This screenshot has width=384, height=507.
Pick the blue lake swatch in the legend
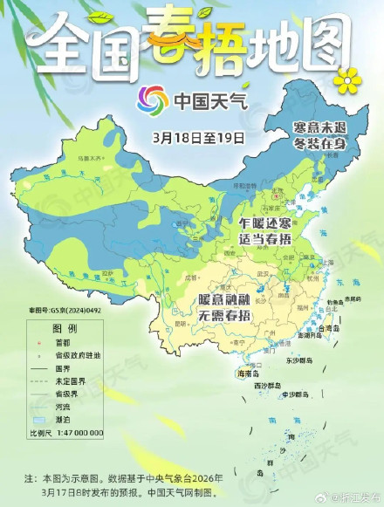click(x=39, y=419)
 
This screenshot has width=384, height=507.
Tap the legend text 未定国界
click(x=72, y=380)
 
